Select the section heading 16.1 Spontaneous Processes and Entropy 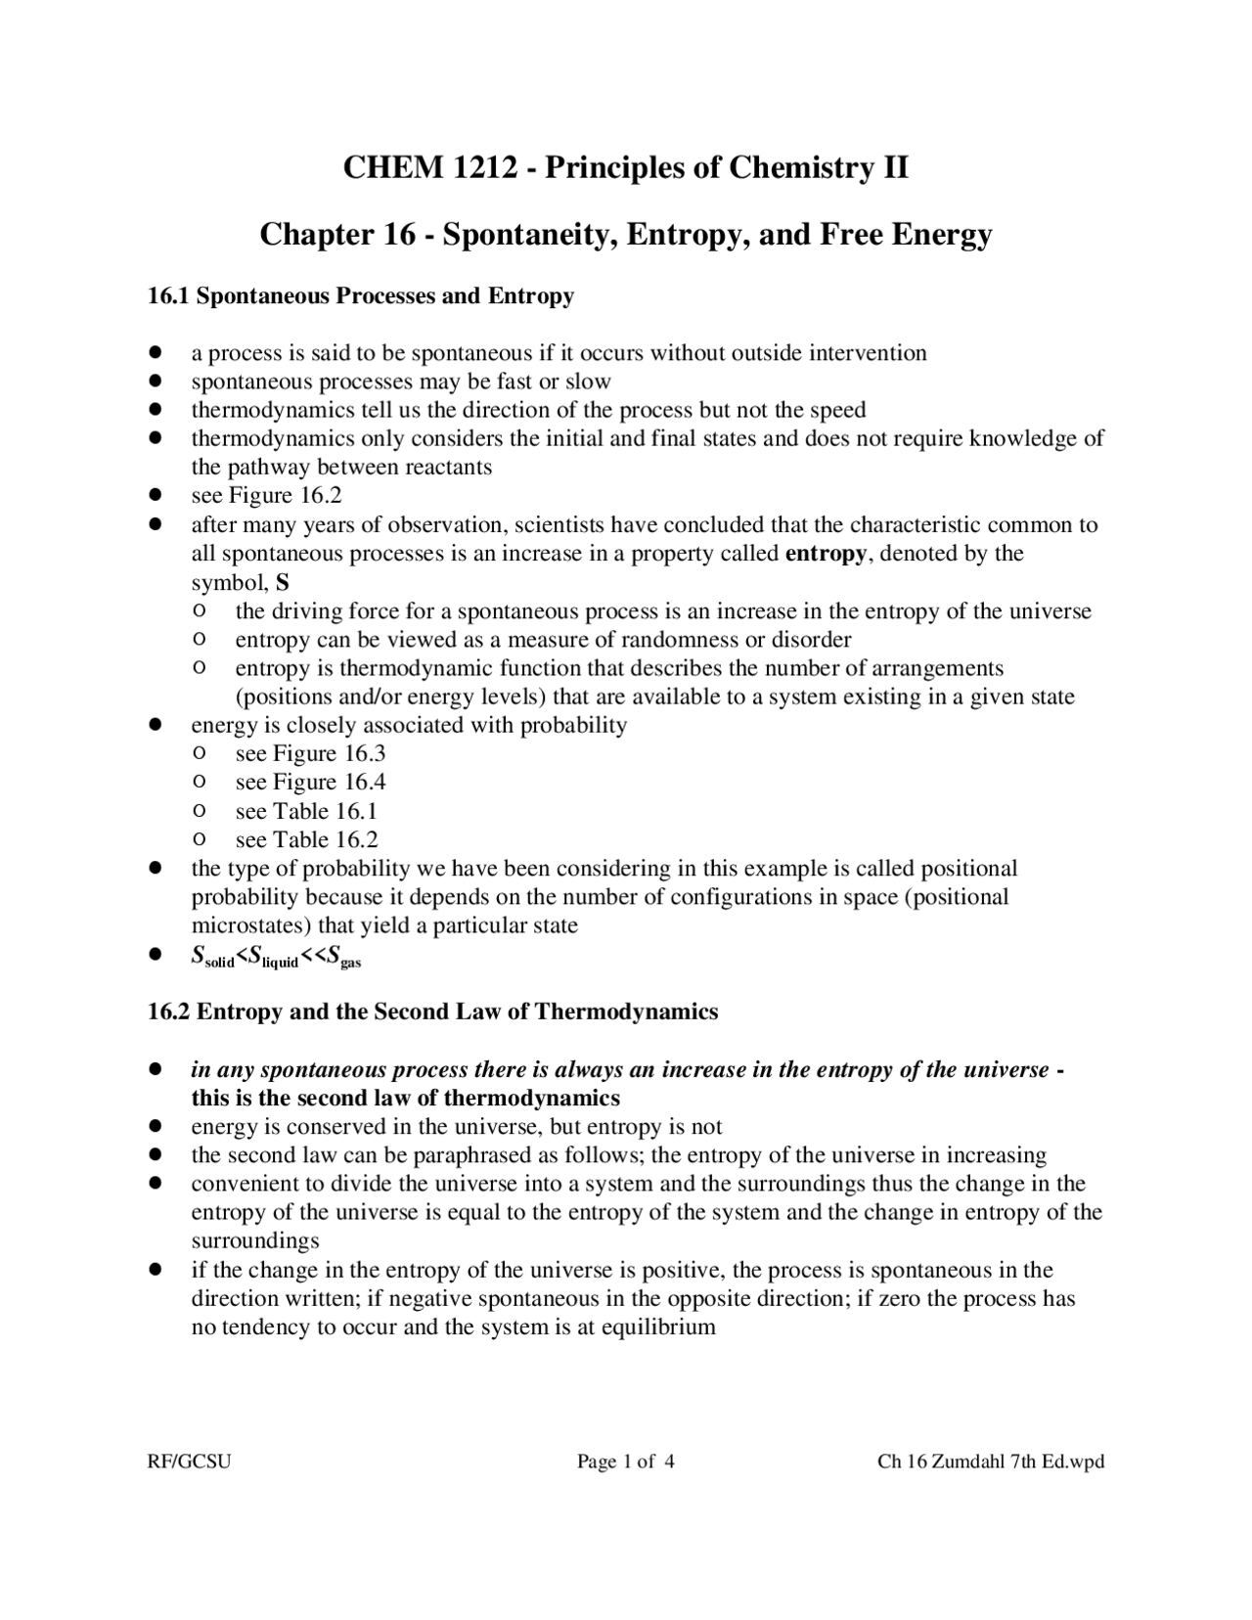[360, 296]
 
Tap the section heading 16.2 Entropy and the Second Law [432, 1012]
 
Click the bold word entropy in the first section [826, 554]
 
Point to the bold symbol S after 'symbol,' [283, 583]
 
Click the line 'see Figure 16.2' [266, 496]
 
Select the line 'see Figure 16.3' [310, 753]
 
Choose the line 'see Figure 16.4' [310, 782]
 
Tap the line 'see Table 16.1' [306, 811]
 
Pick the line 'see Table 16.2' [306, 839]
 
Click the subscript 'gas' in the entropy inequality [351, 964]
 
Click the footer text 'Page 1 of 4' [626, 1462]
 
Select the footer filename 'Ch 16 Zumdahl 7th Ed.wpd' [991, 1462]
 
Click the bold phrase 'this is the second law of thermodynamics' [406, 1098]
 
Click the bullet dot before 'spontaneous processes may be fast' [155, 382]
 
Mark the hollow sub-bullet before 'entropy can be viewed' [199, 640]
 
